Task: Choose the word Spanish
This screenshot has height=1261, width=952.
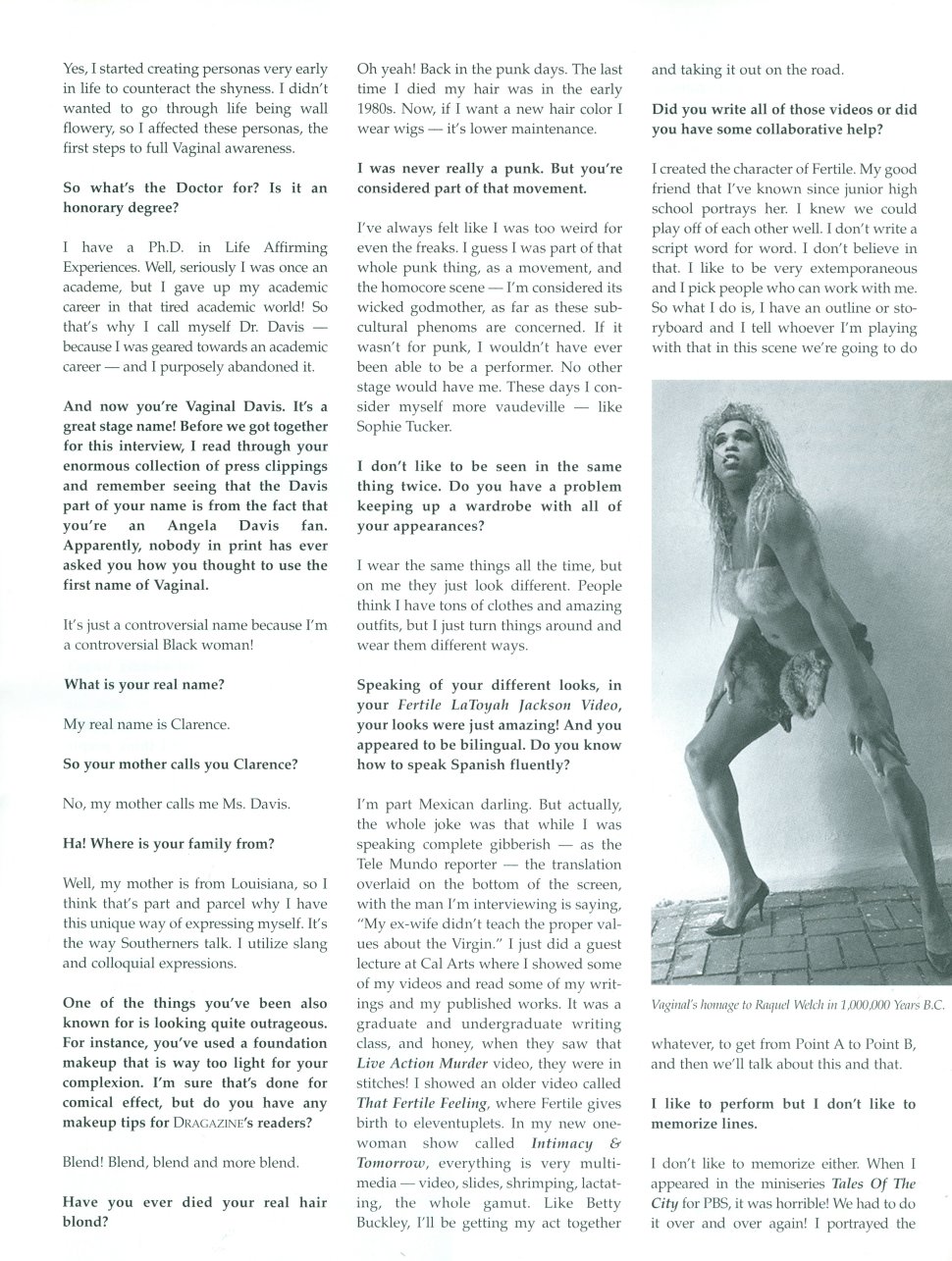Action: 509,765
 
